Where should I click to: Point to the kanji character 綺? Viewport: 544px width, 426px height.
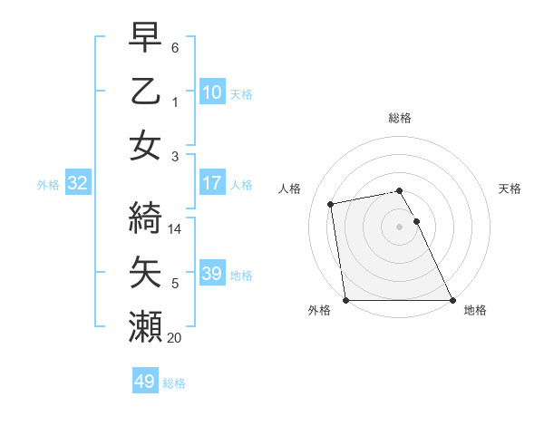pyautogui.click(x=145, y=218)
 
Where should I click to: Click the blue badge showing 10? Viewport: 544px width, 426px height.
pyautogui.click(x=211, y=92)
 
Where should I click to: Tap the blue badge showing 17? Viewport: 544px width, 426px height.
pyautogui.click(x=211, y=183)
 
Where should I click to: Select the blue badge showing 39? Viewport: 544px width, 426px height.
pyautogui.click(x=211, y=274)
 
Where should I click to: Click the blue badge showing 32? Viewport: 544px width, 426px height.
pyautogui.click(x=77, y=183)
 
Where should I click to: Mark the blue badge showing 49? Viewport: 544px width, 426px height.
pyautogui.click(x=144, y=382)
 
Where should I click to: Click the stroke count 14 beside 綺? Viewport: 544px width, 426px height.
pyautogui.click(x=176, y=229)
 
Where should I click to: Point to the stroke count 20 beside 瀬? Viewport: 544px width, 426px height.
pyautogui.click(x=175, y=338)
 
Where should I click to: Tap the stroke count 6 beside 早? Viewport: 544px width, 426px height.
pyautogui.click(x=175, y=48)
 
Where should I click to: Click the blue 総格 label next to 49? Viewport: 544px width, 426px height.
pyautogui.click(x=174, y=383)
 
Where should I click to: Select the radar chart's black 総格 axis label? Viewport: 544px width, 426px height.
pyautogui.click(x=399, y=118)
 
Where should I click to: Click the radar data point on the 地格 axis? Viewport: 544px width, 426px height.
pyautogui.click(x=452, y=300)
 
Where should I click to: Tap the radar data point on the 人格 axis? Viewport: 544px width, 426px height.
pyautogui.click(x=332, y=204)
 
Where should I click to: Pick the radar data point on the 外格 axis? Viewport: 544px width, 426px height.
pyautogui.click(x=345, y=300)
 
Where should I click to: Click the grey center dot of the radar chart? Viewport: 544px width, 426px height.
pyautogui.click(x=399, y=227)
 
